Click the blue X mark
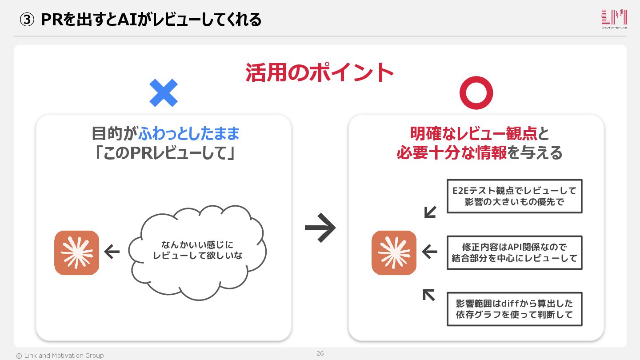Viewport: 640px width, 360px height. [163, 93]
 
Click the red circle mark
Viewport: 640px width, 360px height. [476, 93]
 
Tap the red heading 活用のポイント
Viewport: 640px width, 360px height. [320, 72]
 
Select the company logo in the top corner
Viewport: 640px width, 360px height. [614, 19]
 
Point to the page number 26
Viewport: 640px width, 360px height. [320, 354]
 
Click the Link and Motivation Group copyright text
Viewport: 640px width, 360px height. [60, 356]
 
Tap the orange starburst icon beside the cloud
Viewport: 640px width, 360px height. [76, 252]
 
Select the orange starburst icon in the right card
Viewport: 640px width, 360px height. [394, 252]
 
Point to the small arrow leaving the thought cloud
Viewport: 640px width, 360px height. [112, 252]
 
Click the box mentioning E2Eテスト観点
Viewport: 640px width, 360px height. [514, 196]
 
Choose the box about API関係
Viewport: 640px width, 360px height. [514, 252]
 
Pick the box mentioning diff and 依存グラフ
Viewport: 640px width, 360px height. [514, 309]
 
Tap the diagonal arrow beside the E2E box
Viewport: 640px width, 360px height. [429, 212]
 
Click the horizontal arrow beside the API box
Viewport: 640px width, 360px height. [429, 252]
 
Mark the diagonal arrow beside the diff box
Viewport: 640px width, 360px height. [428, 295]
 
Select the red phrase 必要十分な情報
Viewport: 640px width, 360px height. [452, 153]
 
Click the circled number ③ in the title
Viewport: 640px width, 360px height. [27, 20]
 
